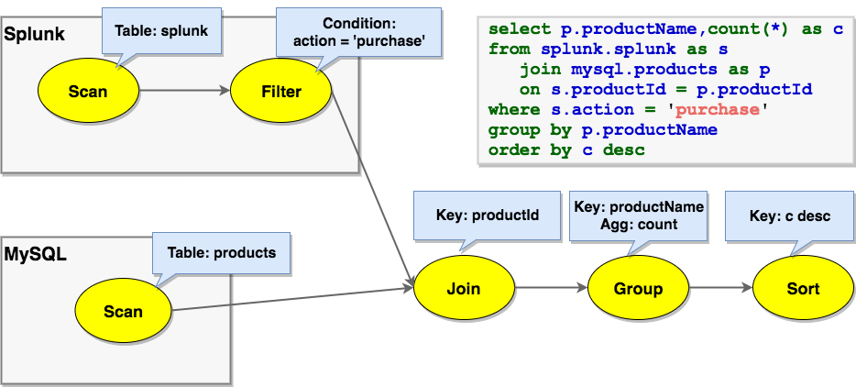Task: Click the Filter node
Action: click(280, 91)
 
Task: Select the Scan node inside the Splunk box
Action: click(88, 91)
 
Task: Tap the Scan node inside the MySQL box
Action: click(123, 311)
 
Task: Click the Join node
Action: click(463, 289)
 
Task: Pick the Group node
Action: click(638, 289)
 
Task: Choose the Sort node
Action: click(803, 289)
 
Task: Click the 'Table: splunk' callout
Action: click(161, 30)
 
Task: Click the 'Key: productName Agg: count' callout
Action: click(639, 216)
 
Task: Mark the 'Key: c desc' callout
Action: click(790, 216)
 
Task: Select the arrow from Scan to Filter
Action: click(183, 91)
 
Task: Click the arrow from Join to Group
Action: click(550, 289)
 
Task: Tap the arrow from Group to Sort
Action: click(720, 289)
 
